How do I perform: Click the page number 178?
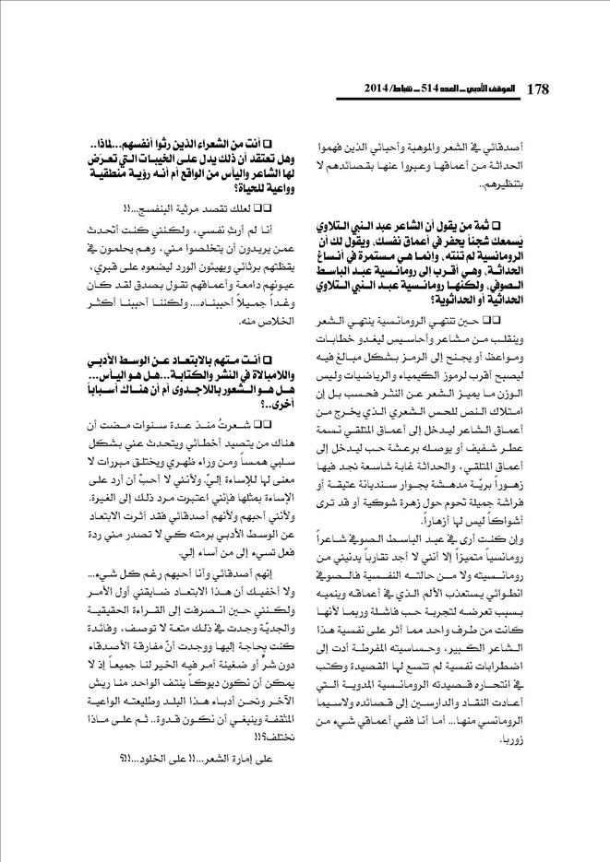[538, 89]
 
